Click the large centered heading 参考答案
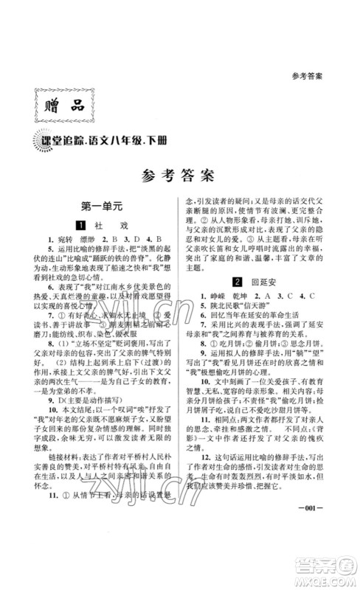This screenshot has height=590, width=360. (x=180, y=176)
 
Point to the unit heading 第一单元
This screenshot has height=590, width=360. (x=105, y=208)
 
